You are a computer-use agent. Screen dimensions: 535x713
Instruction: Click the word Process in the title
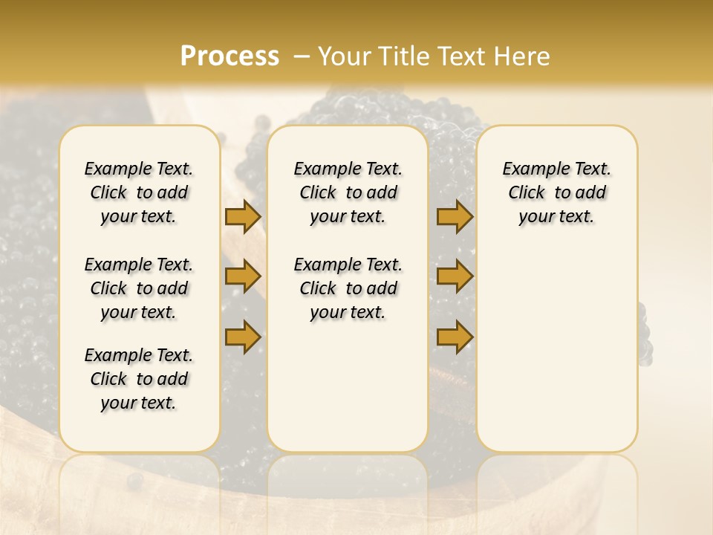[x=229, y=56]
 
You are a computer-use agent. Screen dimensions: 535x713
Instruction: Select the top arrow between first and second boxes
[x=242, y=216]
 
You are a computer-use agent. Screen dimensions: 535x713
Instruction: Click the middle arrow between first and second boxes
[x=242, y=276]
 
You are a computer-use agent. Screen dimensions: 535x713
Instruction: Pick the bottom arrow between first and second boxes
[x=242, y=336]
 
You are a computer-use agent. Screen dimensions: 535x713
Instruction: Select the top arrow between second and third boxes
[x=455, y=216]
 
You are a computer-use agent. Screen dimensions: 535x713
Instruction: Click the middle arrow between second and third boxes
[x=455, y=276]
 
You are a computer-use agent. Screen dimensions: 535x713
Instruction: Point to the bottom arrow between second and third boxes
[x=455, y=336]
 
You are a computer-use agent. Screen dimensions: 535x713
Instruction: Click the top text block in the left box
[x=139, y=192]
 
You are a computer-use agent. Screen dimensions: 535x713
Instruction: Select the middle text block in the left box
[x=139, y=288]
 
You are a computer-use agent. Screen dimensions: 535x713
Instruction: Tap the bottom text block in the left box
[x=139, y=379]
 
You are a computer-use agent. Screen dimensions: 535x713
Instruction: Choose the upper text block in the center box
[x=348, y=192]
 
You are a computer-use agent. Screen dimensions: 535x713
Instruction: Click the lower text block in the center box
[x=348, y=288]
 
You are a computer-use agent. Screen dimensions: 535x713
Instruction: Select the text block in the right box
[x=556, y=192]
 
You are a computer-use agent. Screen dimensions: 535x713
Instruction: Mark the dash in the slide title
[x=302, y=56]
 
